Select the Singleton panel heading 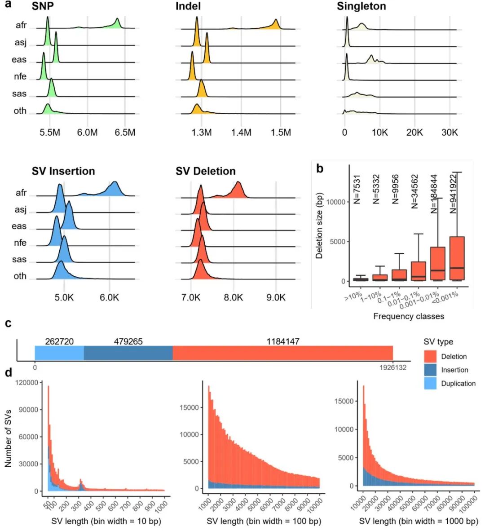coord(361,6)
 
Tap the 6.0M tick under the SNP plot coord(87,133)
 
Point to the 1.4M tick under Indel coord(241,133)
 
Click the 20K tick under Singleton coord(414,133)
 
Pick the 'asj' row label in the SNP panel coord(21,43)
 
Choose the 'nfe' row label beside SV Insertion coord(20,243)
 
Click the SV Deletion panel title coord(206,171)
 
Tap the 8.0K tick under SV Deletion coord(233,297)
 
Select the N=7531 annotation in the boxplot coord(357,189)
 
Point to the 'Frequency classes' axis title coord(408,316)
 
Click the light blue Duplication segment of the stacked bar coord(59,353)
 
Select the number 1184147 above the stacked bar coord(282,341)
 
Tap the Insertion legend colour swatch coord(430,370)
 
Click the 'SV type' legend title coord(438,342)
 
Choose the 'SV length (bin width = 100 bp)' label coord(264,522)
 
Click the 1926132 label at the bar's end coord(393,367)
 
